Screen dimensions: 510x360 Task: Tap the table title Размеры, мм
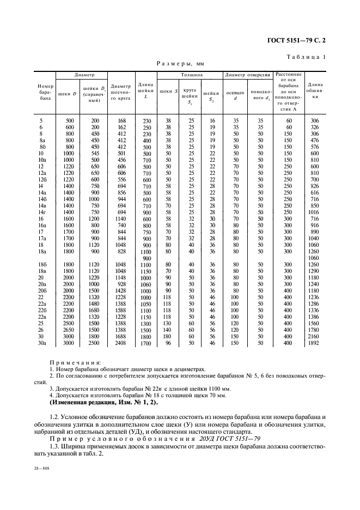coord(180,64)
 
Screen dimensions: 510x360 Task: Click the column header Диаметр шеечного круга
coord(120,93)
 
